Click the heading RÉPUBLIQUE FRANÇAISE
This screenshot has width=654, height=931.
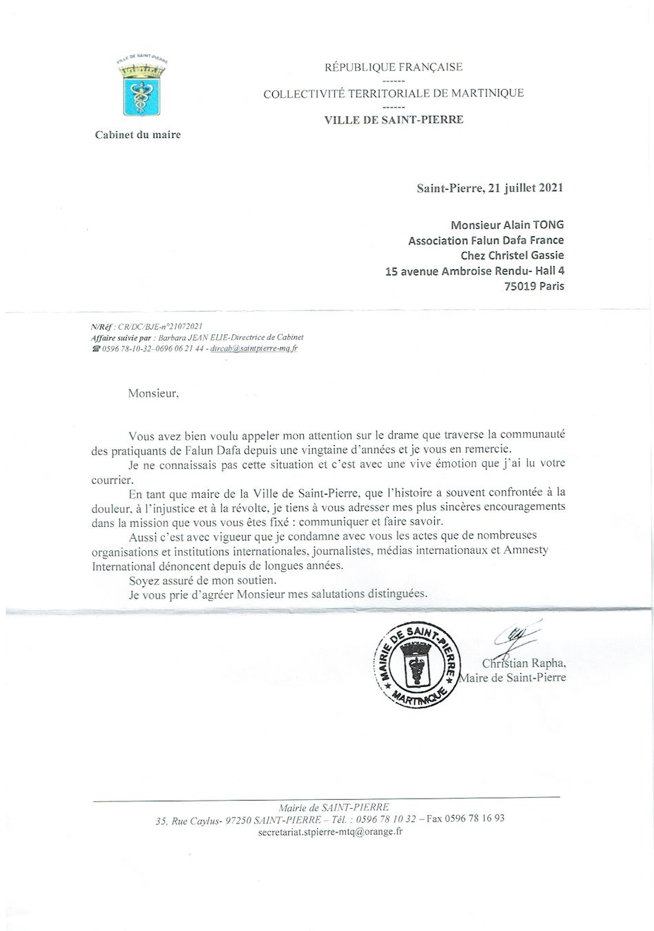pyautogui.click(x=394, y=68)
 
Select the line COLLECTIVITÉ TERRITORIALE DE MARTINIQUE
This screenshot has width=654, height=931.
pyautogui.click(x=394, y=94)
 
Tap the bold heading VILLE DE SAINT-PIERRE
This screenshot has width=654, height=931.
pyautogui.click(x=394, y=120)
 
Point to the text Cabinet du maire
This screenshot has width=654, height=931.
pyautogui.click(x=138, y=135)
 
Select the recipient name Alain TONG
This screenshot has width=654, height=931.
pyautogui.click(x=533, y=225)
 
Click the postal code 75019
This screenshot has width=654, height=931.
pyautogui.click(x=521, y=286)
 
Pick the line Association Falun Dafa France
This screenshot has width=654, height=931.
pyautogui.click(x=486, y=241)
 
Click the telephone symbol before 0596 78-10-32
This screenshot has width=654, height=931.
pyautogui.click(x=95, y=349)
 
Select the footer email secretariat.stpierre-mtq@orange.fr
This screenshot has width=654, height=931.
pyautogui.click(x=329, y=832)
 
